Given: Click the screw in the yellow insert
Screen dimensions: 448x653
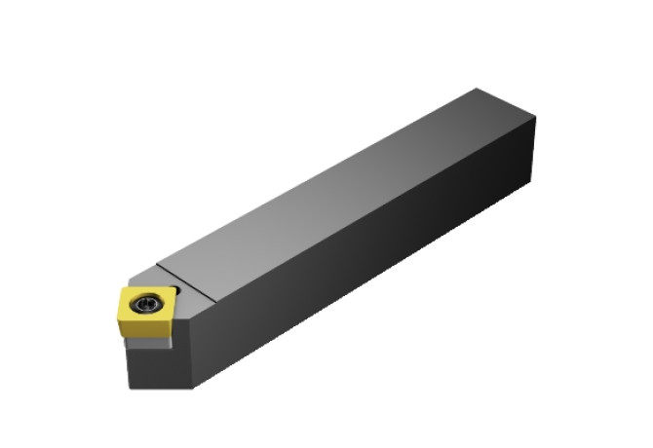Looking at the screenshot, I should tap(147, 304).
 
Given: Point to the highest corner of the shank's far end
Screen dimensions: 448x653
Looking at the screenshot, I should tap(476, 89).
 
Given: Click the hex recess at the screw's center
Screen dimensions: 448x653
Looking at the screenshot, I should tap(147, 304).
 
